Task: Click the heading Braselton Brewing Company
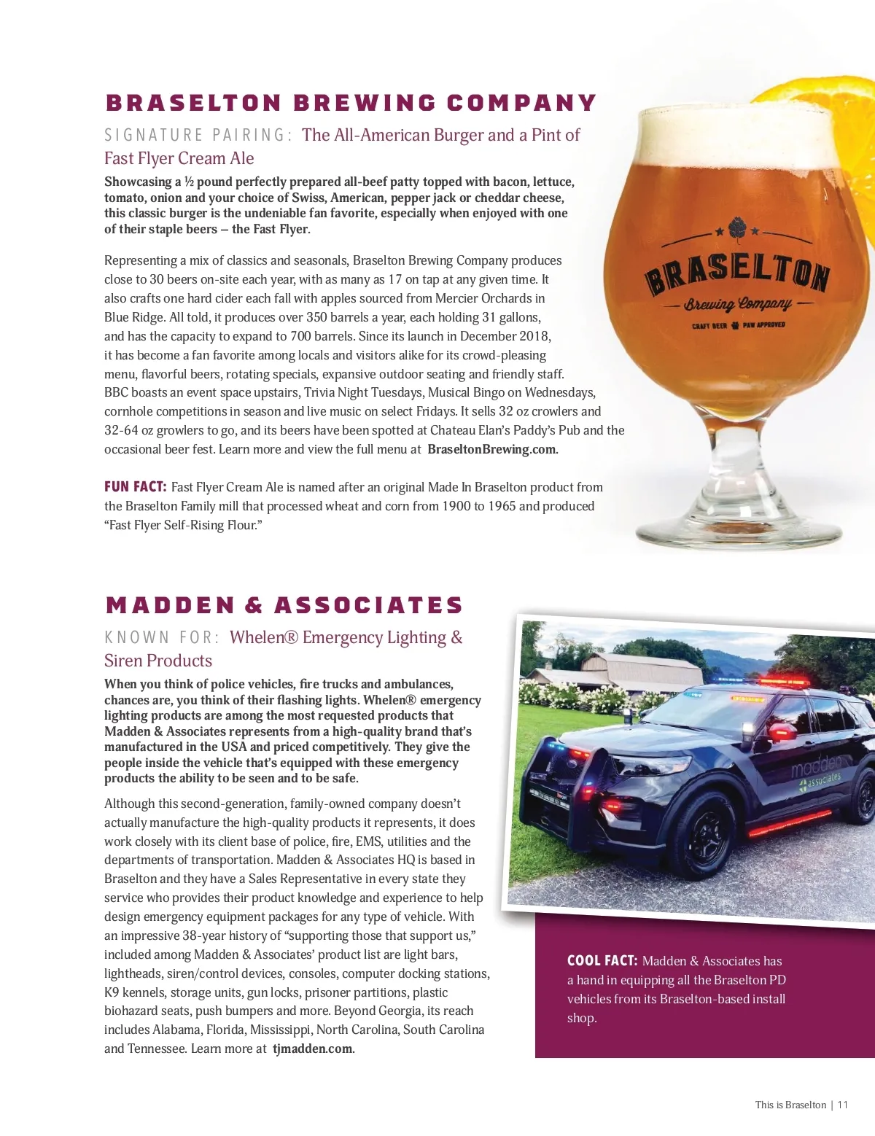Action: pyautogui.click(x=351, y=103)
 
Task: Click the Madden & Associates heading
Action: pyautogui.click(x=284, y=605)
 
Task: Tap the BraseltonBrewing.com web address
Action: pyautogui.click(x=492, y=450)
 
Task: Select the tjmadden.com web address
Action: pyautogui.click(x=313, y=1049)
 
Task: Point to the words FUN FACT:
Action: pyautogui.click(x=136, y=487)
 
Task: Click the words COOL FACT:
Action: pyautogui.click(x=602, y=961)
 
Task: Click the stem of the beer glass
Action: pyautogui.click(x=736, y=452)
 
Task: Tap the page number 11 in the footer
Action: pyautogui.click(x=843, y=1105)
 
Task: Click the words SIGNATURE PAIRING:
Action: pyautogui.click(x=198, y=136)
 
